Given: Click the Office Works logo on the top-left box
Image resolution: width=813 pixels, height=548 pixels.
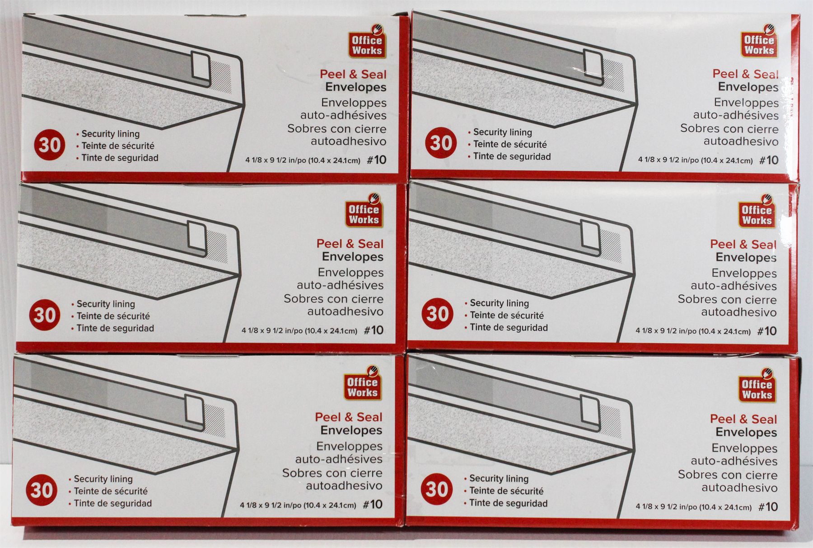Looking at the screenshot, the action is point(367,43).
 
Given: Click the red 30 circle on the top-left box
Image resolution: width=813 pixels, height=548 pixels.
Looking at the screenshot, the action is point(50,145).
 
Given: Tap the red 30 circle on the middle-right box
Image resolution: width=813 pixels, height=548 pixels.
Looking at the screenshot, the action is point(437,313).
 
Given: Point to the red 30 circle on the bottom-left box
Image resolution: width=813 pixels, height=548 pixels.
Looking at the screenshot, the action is point(42,490).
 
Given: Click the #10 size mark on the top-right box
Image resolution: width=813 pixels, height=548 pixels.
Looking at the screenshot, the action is point(769,160).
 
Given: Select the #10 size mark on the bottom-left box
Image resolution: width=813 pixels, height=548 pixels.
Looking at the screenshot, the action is point(373,504).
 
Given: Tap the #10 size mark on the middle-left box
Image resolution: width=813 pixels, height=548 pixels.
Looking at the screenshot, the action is point(374,330).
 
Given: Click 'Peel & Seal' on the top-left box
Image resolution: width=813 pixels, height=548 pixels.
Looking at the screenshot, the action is point(353,74).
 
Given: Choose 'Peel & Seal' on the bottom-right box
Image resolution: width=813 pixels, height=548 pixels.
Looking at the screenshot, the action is point(743,419).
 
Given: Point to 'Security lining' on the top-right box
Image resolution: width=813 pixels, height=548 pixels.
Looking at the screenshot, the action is point(503,132).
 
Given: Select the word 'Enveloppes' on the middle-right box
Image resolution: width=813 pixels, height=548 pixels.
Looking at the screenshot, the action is point(744,273).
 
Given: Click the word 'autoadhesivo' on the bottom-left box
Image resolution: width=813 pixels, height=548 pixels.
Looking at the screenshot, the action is point(344,486).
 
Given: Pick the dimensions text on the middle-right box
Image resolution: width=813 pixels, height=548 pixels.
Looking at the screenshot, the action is point(693,331).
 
